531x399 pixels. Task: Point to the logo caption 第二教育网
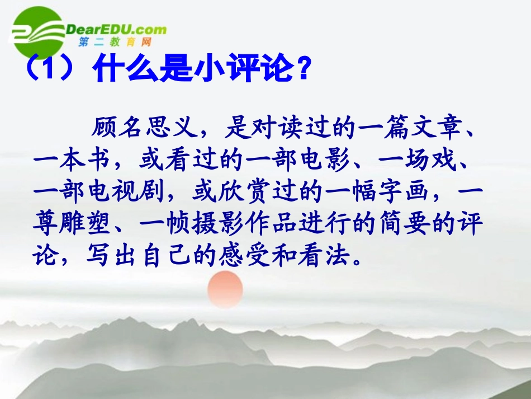(x=115, y=43)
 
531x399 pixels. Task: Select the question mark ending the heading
(x=302, y=71)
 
